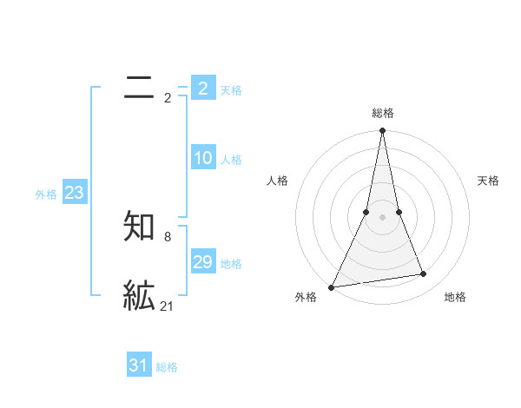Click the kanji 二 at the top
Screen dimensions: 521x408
tap(140, 87)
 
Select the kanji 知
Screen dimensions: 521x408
tap(140, 227)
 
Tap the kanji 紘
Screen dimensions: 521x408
tap(140, 296)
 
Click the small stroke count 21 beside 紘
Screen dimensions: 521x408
tap(168, 306)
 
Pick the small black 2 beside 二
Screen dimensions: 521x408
tap(168, 98)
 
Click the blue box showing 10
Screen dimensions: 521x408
tap(203, 158)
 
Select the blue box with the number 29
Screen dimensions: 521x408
tap(203, 262)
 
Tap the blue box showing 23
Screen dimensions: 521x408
tap(74, 193)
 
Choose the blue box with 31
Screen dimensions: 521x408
tap(139, 365)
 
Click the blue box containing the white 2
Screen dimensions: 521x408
tap(203, 89)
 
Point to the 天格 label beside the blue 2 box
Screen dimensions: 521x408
tap(231, 89)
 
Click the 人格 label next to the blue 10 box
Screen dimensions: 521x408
tap(231, 160)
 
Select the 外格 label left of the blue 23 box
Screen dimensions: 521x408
tap(46, 194)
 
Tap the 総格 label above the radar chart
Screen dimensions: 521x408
tap(383, 113)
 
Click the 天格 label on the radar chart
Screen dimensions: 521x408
tap(489, 181)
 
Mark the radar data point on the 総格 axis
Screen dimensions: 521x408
tap(383, 131)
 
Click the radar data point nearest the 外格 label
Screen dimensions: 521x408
tap(332, 286)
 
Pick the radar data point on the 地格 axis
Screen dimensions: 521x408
tap(424, 274)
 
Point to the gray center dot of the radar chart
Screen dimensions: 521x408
tap(383, 217)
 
